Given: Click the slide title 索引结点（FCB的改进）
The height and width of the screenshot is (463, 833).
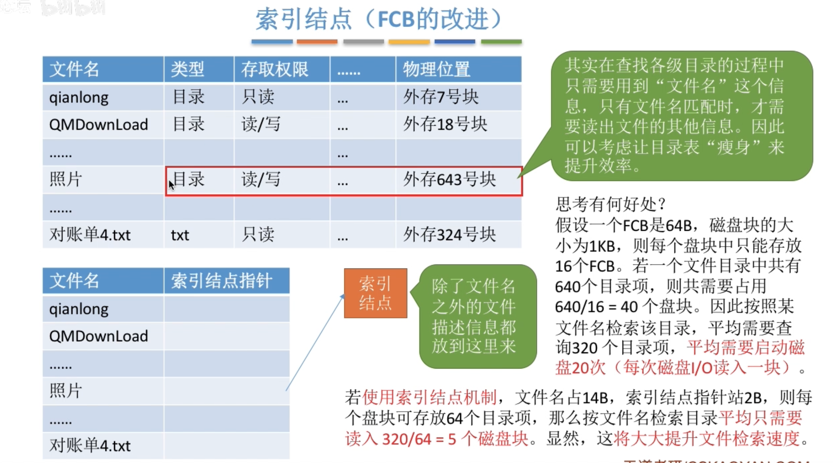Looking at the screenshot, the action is point(379,19).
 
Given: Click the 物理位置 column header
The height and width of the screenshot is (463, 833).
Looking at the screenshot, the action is point(436,69).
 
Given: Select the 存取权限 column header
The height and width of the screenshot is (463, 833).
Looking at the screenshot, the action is point(274,69).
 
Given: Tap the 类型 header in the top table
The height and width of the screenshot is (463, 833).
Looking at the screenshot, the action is point(187,69).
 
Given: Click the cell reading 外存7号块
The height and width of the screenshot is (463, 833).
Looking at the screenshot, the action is point(441,97).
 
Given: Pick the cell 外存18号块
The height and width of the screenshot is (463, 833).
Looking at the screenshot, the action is point(445,125).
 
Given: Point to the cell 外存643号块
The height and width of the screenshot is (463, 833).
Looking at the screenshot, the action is point(449,180).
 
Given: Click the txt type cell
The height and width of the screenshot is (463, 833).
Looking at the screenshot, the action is point(180,235).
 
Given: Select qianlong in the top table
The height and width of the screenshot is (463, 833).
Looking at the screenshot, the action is point(79,98).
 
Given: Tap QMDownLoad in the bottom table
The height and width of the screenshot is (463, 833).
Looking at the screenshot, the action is point(98,336).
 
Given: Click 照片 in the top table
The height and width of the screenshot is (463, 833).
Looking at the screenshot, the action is point(66,180).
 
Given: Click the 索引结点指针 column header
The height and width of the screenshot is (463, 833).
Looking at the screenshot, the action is point(222,281).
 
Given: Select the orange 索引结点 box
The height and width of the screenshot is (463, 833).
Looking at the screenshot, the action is point(375,293).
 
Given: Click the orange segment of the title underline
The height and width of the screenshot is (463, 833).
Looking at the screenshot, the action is point(317,42).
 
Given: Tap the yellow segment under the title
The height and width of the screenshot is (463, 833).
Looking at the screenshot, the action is point(409,42).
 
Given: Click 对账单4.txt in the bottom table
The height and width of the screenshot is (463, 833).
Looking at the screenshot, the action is point(90,446).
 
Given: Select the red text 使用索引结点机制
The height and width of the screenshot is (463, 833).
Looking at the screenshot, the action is point(429,397).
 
